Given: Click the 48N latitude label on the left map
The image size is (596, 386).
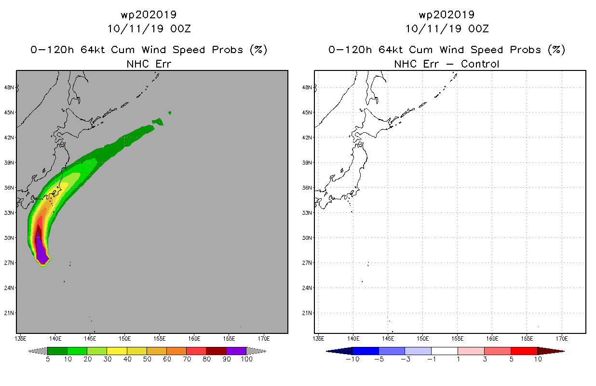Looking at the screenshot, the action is point(9,88).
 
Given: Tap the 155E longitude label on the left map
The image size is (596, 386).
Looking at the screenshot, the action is point(160,339).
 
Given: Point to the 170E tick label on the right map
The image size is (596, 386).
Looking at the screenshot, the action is point(562,339).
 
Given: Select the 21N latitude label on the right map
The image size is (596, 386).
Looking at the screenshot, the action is point(307,313).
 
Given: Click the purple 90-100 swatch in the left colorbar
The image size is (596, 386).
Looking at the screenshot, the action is point(236,351).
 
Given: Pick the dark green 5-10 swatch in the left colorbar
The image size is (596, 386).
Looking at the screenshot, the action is point(57,351).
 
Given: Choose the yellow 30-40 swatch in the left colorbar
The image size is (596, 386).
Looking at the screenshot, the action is point(117,351).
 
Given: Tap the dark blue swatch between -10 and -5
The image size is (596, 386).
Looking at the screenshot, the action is point(366,351).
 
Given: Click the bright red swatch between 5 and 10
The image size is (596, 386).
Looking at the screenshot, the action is point(524,351).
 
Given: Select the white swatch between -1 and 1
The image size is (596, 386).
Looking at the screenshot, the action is point(445,351).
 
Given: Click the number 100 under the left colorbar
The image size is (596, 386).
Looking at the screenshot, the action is point(246,359).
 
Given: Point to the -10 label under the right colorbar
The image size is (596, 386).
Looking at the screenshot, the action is point(352,359).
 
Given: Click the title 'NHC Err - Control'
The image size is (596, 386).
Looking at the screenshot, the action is point(447,64).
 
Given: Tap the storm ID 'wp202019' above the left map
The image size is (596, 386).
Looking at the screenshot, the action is point(149,14).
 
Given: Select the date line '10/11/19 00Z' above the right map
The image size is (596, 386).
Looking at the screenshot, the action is point(447,29).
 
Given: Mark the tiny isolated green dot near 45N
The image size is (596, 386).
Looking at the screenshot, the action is point(170,113).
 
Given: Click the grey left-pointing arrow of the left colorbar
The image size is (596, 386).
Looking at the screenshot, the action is point(38,351).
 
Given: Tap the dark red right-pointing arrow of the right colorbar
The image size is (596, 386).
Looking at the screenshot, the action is point(551,351).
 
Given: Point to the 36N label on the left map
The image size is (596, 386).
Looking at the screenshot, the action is point(9,188).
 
